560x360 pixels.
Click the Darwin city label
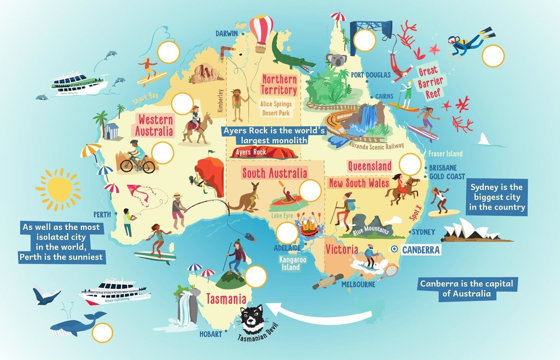tap(227, 33)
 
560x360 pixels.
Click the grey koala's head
tap(335, 61)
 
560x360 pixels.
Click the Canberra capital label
tap(421, 250)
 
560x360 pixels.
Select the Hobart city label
tap(211, 334)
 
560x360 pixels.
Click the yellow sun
tap(58, 190)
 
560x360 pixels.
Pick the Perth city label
tap(102, 215)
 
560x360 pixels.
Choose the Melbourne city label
tap(358, 285)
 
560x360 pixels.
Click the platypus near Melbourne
tap(327, 282)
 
